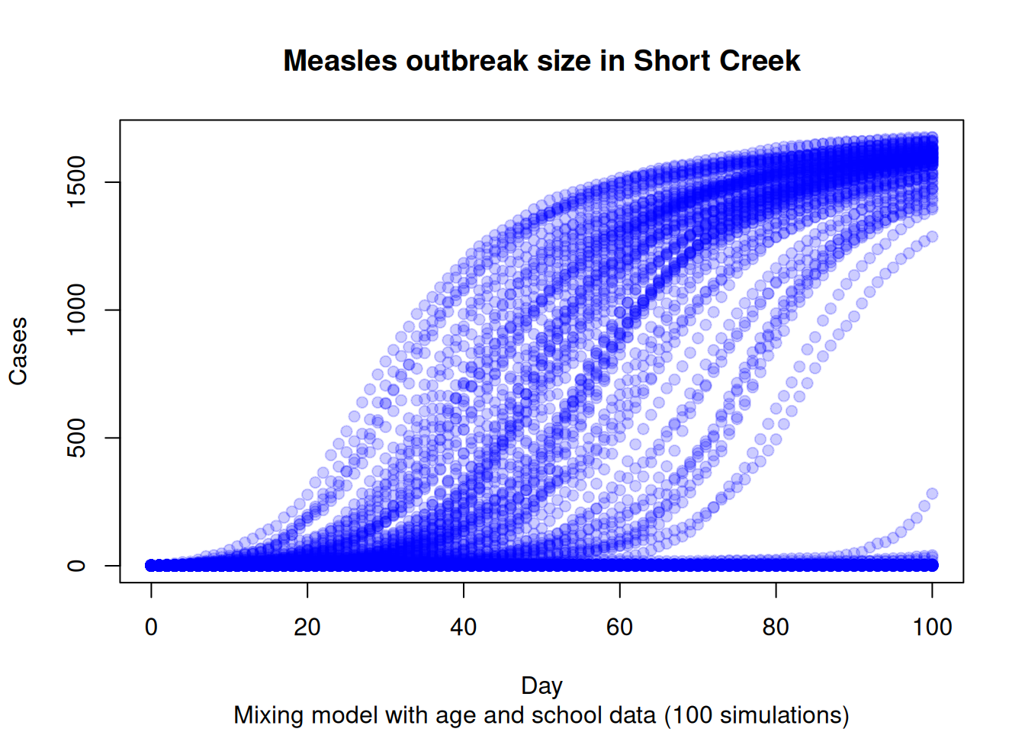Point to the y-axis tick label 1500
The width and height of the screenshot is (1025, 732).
76,182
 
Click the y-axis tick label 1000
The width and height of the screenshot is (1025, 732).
76,310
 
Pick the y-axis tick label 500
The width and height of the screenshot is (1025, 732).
76,438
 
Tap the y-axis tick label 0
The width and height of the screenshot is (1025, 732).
76,565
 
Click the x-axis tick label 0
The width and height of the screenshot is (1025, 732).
151,627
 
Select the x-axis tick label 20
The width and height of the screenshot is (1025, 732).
307,627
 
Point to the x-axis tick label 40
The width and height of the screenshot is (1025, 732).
464,627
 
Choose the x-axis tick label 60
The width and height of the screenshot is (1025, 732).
619,627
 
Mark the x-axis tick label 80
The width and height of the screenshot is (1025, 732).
776,627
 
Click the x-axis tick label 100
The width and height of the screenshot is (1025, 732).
932,627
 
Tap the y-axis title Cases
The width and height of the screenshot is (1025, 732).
18,352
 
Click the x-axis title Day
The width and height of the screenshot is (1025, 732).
541,685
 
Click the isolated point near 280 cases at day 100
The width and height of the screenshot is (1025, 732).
932,494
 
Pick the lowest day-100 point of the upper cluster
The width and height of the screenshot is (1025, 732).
932,237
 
